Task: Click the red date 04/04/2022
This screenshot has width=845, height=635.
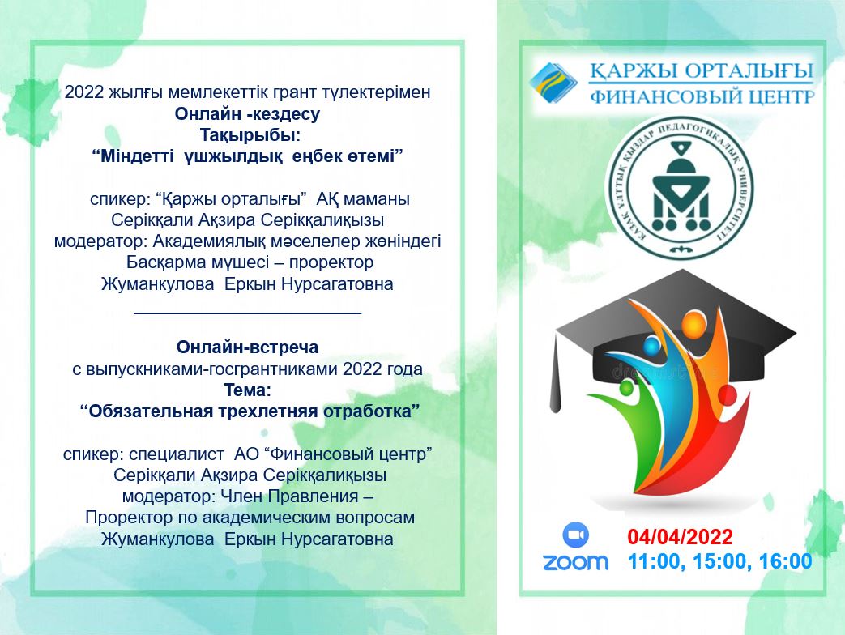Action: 680,537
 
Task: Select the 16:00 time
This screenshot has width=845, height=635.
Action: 785,561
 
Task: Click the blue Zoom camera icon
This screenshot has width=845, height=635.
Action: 575,535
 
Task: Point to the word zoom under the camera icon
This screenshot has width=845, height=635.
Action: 575,562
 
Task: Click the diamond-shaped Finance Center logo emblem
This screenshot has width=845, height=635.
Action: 553,83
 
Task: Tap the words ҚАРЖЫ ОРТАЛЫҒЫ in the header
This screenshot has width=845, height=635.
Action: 701,71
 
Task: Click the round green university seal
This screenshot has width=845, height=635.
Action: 680,188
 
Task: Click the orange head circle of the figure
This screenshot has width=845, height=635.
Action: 693,324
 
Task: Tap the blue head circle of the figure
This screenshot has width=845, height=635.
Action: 651,347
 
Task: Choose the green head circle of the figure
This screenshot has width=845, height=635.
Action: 627,387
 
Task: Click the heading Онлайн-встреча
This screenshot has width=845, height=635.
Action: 247,347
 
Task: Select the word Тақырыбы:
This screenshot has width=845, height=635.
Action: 250,134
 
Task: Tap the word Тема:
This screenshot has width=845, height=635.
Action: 247,390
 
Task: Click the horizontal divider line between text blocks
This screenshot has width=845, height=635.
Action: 247,313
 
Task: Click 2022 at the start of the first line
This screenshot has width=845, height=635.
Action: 84,92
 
